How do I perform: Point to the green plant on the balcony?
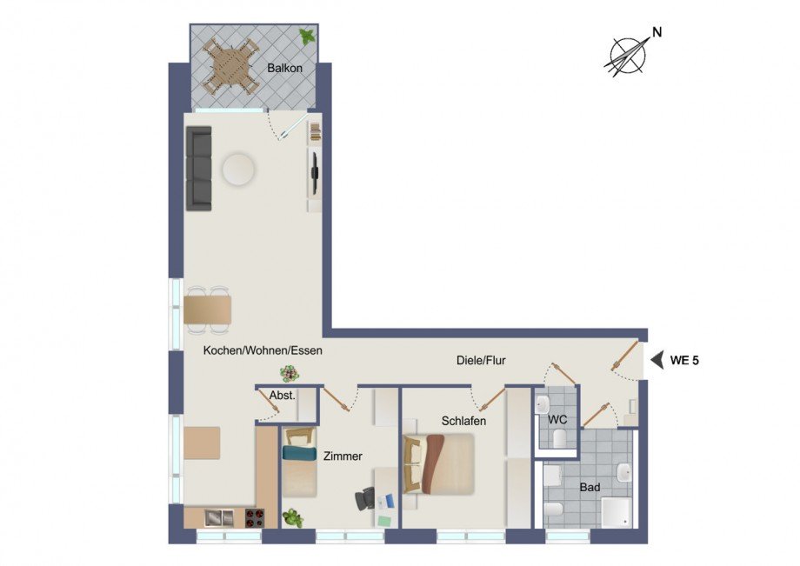[x=306, y=37]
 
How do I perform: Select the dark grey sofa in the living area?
[x=200, y=168]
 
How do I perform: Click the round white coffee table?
[x=238, y=170]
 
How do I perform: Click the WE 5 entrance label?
[x=684, y=360]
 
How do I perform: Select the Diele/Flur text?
[x=481, y=360]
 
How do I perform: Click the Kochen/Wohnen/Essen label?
[x=263, y=351]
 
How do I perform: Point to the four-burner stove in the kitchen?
[x=255, y=518]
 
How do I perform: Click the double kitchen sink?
[x=218, y=518]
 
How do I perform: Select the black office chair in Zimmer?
[x=365, y=500]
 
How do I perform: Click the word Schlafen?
[x=463, y=421]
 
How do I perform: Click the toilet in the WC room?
[x=561, y=437]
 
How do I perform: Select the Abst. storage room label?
[x=282, y=395]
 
